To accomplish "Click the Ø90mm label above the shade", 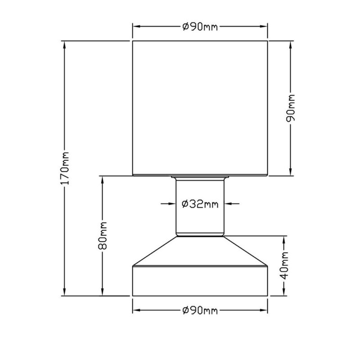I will (200, 27).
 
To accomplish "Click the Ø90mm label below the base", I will (200, 311).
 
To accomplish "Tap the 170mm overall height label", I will (66, 169).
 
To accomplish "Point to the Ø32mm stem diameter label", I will (200, 204).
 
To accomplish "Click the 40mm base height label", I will (284, 266).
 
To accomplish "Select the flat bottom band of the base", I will (200, 281).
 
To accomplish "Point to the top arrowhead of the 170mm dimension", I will (66, 45).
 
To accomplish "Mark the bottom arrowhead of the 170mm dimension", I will (66, 292).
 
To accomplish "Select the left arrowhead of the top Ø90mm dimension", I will (136, 27).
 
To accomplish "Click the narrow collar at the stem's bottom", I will (200, 234).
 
